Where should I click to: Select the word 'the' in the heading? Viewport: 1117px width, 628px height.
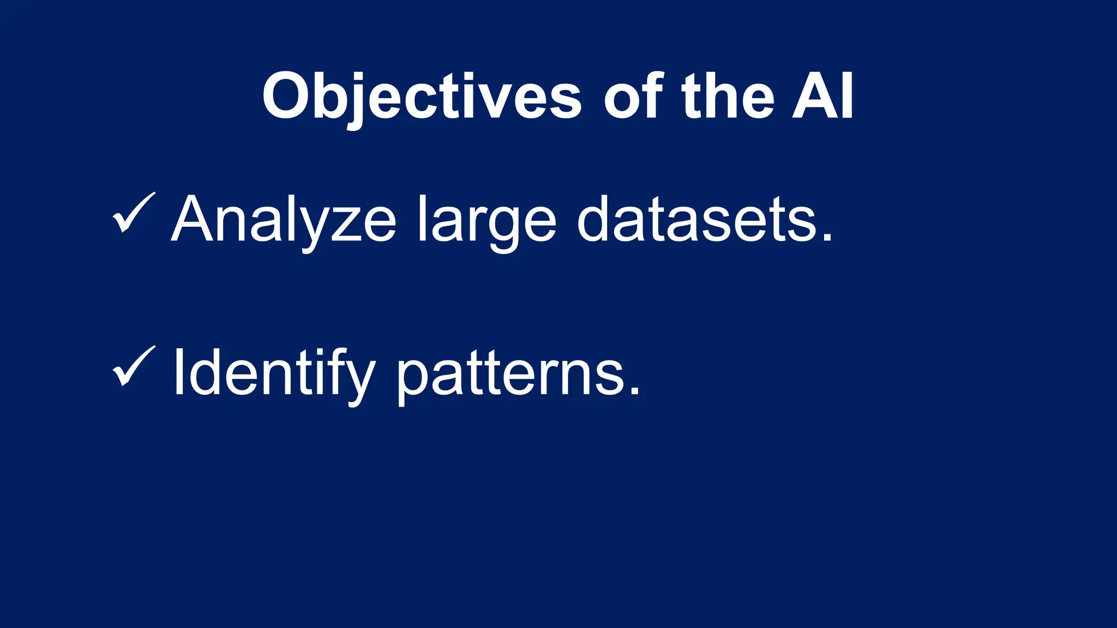click(728, 97)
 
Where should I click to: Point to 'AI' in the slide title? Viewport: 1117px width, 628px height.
click(823, 97)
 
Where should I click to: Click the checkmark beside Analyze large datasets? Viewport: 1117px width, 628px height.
click(133, 213)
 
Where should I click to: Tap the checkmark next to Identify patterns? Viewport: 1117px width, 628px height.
click(133, 367)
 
